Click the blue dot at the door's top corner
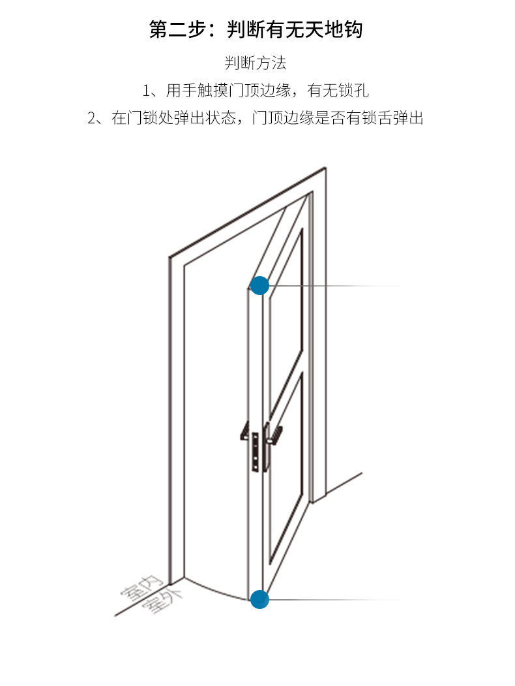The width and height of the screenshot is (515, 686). coord(259,285)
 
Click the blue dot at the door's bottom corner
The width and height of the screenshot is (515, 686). coord(259,599)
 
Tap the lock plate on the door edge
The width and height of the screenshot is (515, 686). coord(255,452)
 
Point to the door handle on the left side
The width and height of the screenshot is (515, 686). coord(244,431)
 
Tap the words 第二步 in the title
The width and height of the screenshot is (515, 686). coord(177,29)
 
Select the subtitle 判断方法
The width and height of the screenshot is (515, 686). coord(256,63)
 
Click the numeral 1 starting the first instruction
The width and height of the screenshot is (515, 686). coord(146,91)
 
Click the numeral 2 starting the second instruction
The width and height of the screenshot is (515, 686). coord(91,118)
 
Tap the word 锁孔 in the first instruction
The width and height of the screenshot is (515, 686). coord(353,91)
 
